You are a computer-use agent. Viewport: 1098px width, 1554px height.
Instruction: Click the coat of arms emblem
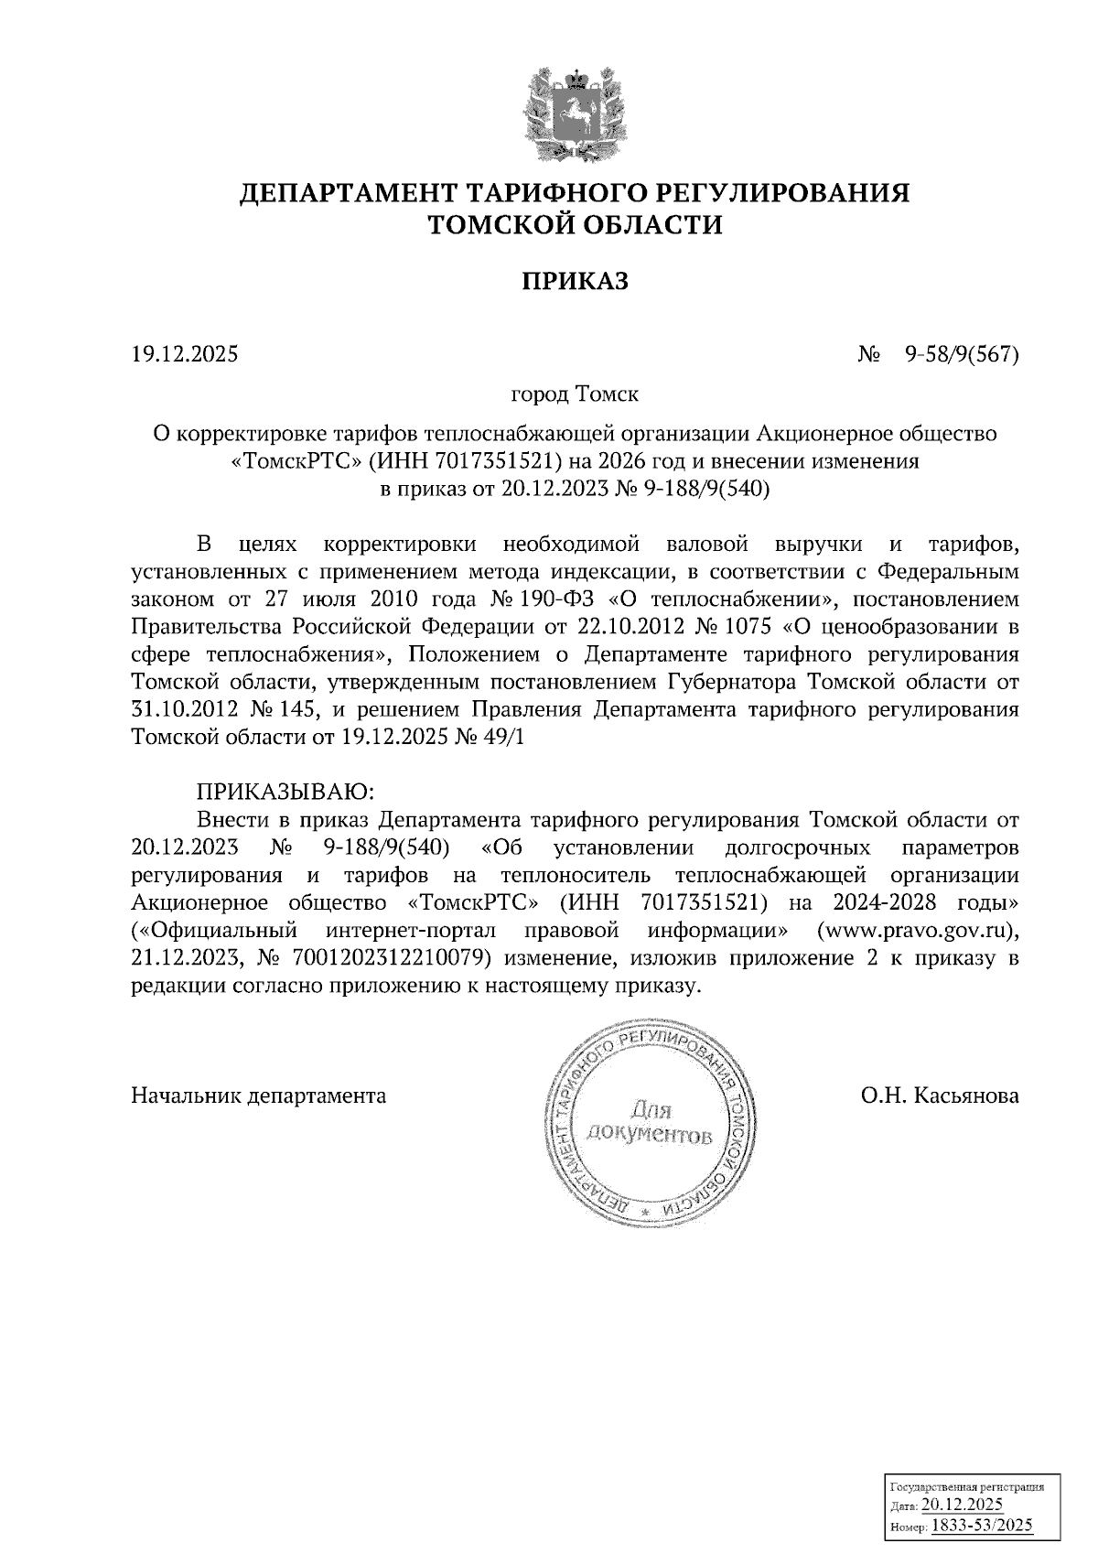click(x=576, y=113)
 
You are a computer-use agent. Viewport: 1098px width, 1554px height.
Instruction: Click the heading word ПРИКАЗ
click(x=576, y=281)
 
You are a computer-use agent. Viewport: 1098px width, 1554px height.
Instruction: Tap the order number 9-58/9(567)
click(x=961, y=353)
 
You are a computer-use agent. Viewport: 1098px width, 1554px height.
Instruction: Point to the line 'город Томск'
click(x=576, y=395)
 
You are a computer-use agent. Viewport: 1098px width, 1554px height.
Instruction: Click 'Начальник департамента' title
click(x=259, y=1095)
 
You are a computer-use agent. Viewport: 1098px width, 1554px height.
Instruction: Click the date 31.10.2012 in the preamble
click(x=186, y=710)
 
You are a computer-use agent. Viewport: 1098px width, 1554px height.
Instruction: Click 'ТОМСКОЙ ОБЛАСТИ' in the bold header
click(x=576, y=225)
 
